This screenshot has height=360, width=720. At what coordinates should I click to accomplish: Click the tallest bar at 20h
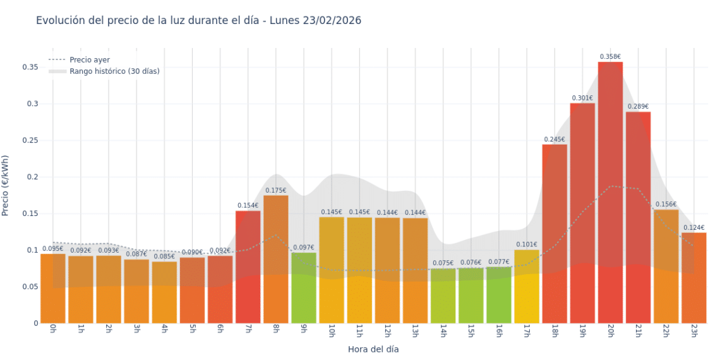pos(610,189)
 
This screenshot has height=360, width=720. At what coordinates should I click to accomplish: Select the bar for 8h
pos(276,259)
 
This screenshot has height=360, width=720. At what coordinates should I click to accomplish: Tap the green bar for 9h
pos(304,287)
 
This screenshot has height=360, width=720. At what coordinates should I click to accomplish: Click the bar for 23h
pos(693,278)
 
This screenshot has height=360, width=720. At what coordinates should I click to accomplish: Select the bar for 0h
pos(53,288)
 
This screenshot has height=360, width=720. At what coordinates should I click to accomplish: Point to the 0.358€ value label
pos(610,57)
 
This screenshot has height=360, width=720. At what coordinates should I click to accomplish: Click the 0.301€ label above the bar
pos(582,98)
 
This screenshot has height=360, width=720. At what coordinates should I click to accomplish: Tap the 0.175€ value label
pos(276,190)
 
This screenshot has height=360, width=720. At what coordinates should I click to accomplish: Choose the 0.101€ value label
pos(527,244)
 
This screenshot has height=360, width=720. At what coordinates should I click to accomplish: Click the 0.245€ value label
pos(555,140)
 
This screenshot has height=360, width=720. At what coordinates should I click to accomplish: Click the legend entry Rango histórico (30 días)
pos(114,71)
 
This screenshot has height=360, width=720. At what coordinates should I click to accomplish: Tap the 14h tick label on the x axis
pos(443,332)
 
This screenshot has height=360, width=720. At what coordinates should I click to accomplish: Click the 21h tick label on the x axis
pos(638,332)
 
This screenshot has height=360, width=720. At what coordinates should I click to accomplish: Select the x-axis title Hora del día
pos(373,349)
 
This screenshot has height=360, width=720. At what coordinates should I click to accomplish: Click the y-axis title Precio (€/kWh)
pos(6,186)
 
